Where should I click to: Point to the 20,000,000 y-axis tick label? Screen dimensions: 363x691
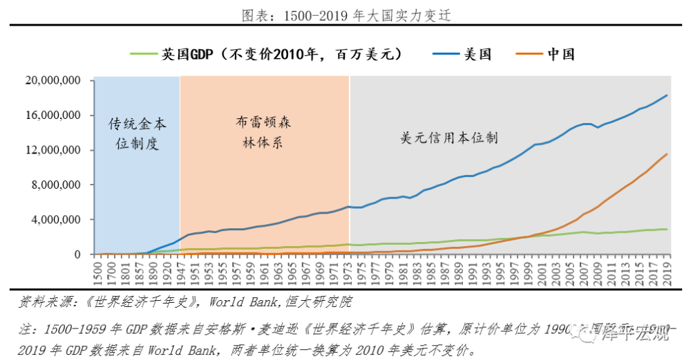pos(53,80)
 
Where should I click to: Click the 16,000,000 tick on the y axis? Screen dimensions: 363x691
pos(53,115)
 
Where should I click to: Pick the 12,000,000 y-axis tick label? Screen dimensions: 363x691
pos(53,150)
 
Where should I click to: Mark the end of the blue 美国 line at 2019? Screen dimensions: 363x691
pos(667,95)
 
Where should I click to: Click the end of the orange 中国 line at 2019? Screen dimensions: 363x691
pos(667,154)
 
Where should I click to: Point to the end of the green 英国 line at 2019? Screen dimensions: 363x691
pos(667,229)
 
